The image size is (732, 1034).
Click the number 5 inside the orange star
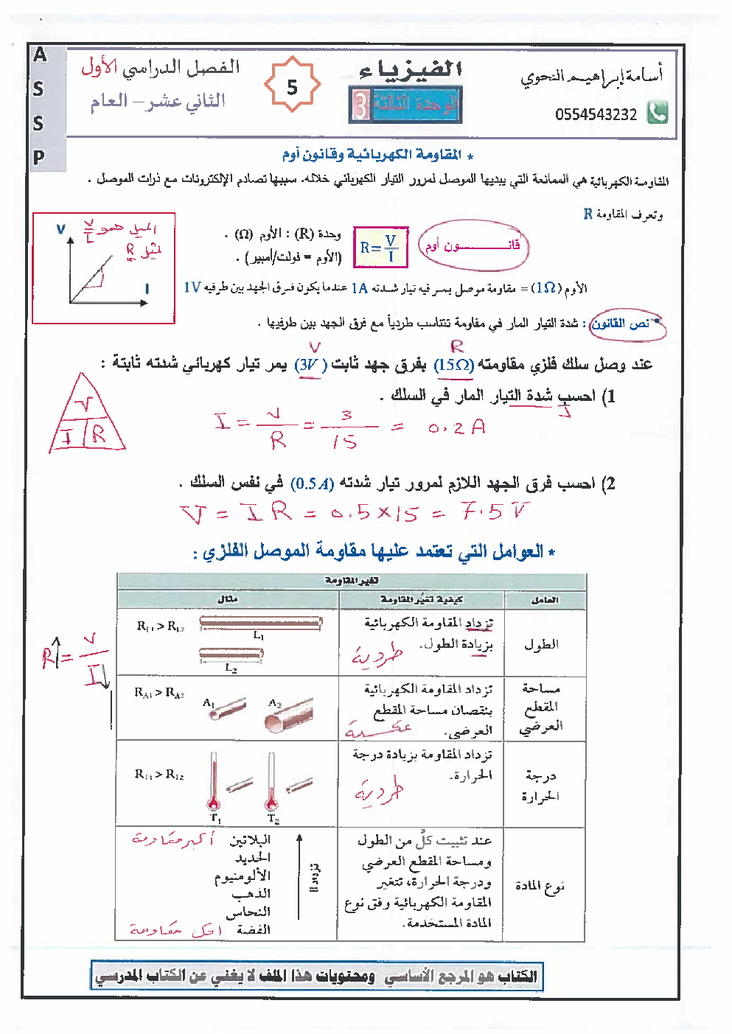coord(292,87)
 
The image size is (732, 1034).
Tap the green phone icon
coord(657,112)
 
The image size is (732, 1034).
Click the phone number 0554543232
coord(596,114)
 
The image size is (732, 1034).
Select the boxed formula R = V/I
coord(380,248)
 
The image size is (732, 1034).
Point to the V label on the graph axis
coord(60,229)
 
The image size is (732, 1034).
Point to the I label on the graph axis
coord(147,289)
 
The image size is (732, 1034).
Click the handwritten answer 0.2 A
coord(457,427)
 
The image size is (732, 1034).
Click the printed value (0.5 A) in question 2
coord(313,484)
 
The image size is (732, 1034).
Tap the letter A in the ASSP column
coord(40,55)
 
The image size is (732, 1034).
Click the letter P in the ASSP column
coord(39,156)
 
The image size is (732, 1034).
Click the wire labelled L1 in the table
coord(260,623)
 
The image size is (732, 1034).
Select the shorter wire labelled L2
coord(231,654)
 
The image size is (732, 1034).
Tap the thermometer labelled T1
coord(214,781)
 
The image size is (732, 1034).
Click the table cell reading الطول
coord(542,644)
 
